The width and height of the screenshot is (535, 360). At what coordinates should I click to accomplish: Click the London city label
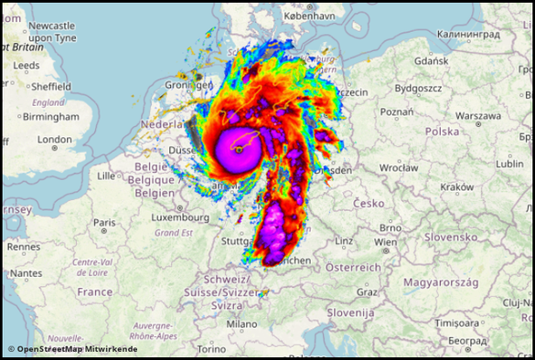point(55,140)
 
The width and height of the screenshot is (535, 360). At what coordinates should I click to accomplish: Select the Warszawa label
point(478,116)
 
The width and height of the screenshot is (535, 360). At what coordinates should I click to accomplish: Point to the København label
point(310,16)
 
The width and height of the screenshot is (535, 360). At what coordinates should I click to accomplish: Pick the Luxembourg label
point(181,218)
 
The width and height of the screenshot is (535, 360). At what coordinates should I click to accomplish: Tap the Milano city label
point(242,323)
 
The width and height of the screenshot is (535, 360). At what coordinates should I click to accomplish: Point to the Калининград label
point(469,34)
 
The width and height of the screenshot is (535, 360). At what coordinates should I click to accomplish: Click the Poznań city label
point(397,111)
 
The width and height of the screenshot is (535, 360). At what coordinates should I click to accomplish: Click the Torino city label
point(211,349)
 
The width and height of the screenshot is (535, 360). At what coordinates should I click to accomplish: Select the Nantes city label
point(26,272)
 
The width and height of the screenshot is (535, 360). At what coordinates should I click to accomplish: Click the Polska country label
point(442,131)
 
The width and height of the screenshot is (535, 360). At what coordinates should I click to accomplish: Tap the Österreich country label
point(354,267)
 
